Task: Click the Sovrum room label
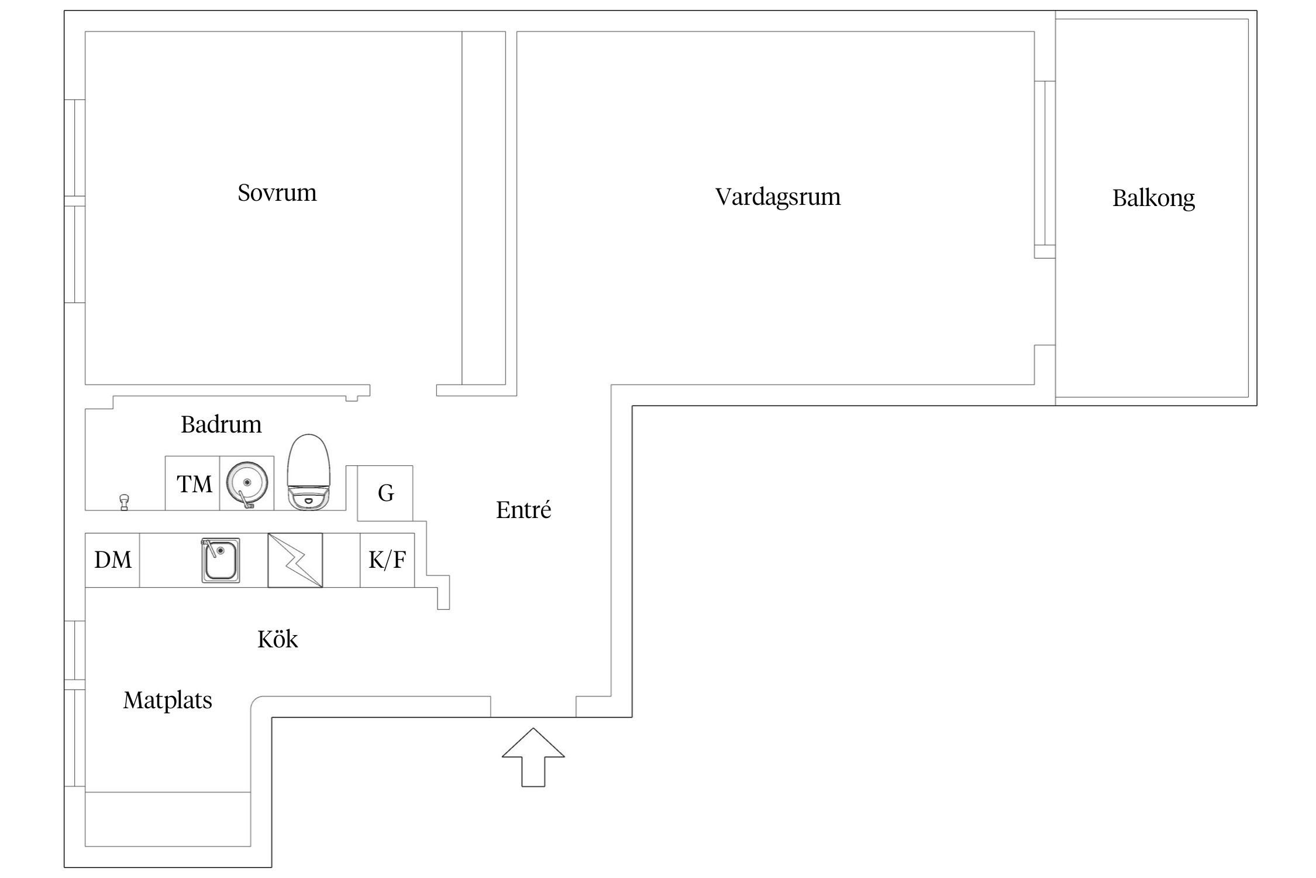(x=277, y=193)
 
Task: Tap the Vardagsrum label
(x=777, y=197)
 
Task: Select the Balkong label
(x=1153, y=198)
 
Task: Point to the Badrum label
(x=221, y=424)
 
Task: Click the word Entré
(x=523, y=510)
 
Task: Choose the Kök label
(x=277, y=639)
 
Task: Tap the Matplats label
(x=167, y=700)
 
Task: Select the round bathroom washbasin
(x=247, y=483)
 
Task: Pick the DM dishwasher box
(x=112, y=560)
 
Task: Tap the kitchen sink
(x=221, y=560)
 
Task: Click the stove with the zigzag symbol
(x=295, y=560)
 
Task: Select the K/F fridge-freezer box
(x=387, y=560)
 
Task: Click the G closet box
(x=385, y=493)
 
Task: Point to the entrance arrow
(x=533, y=756)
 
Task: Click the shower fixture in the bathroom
(x=124, y=502)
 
